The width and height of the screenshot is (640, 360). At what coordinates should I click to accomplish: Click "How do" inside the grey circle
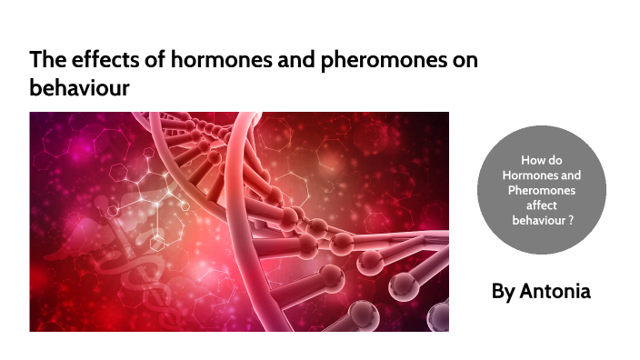(x=543, y=160)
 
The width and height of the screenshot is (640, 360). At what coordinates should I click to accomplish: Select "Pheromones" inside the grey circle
(x=543, y=189)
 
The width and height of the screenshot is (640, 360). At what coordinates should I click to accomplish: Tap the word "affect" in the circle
(x=543, y=205)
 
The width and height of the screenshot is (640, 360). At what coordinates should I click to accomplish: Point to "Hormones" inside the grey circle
(x=543, y=175)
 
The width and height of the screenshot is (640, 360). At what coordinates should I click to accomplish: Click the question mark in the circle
(x=571, y=219)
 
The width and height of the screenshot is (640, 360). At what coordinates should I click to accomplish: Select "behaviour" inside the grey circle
(x=538, y=219)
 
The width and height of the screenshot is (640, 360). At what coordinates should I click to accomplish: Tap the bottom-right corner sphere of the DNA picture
(x=437, y=317)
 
